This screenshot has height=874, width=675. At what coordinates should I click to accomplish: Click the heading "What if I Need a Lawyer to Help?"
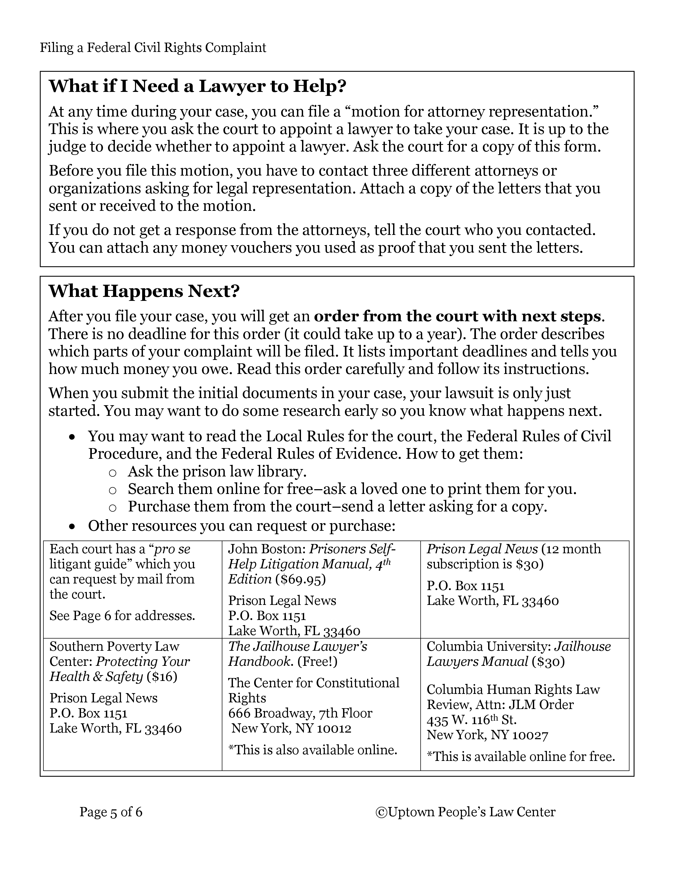(x=197, y=86)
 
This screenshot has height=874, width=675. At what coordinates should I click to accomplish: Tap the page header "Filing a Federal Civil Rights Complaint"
(x=153, y=48)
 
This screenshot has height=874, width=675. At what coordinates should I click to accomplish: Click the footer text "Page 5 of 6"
(x=111, y=812)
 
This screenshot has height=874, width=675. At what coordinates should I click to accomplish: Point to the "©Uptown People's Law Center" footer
(x=465, y=812)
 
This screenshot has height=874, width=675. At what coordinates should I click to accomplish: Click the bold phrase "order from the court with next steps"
(x=457, y=316)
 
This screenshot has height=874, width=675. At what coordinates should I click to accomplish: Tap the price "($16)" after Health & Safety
(x=162, y=677)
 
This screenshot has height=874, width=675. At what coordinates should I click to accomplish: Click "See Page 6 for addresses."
(x=122, y=616)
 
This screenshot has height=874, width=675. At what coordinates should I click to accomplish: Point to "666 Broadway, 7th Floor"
(x=300, y=713)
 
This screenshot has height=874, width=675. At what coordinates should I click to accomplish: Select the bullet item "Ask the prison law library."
(x=217, y=472)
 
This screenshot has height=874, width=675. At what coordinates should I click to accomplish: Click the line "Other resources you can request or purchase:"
(x=241, y=526)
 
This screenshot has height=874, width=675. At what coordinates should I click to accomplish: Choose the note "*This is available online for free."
(x=521, y=757)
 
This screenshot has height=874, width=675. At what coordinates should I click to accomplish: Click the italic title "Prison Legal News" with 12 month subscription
(x=482, y=549)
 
